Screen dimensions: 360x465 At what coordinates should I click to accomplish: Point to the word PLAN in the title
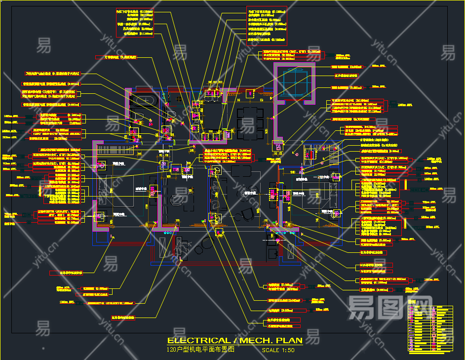pos(289,340)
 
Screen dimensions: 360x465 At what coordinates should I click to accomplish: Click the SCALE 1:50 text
pos(278,350)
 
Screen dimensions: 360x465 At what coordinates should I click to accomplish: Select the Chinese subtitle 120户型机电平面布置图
pos(200,350)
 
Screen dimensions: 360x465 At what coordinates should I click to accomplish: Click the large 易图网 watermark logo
pos(383,308)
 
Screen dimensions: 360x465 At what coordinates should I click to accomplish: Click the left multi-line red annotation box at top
pos(135,23)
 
